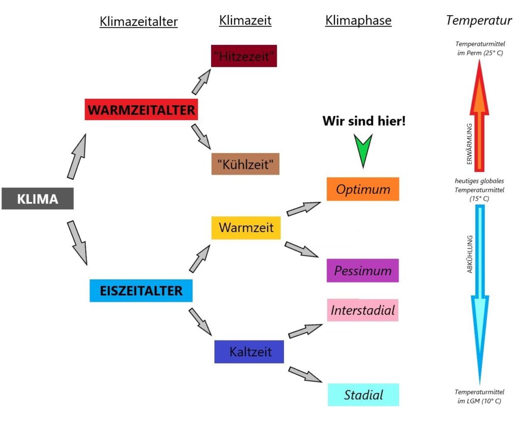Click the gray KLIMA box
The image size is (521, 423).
point(38,199)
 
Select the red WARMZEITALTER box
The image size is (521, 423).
point(141,109)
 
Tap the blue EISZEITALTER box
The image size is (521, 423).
point(141,291)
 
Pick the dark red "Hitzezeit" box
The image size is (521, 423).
point(244,56)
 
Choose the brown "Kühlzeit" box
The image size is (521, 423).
point(245,164)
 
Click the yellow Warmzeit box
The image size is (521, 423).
point(246,227)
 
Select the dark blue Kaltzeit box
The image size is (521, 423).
point(249,352)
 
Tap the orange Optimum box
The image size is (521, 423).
point(363,189)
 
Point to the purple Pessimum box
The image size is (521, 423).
point(363,270)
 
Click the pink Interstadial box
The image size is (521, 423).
point(363,310)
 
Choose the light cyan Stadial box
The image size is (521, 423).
point(363,394)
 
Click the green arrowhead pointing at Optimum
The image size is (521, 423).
point(363,150)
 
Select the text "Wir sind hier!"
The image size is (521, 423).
point(364,122)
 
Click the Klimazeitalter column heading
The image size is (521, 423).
point(138,21)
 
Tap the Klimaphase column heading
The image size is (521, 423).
point(358,20)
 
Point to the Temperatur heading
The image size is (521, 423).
point(478,20)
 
